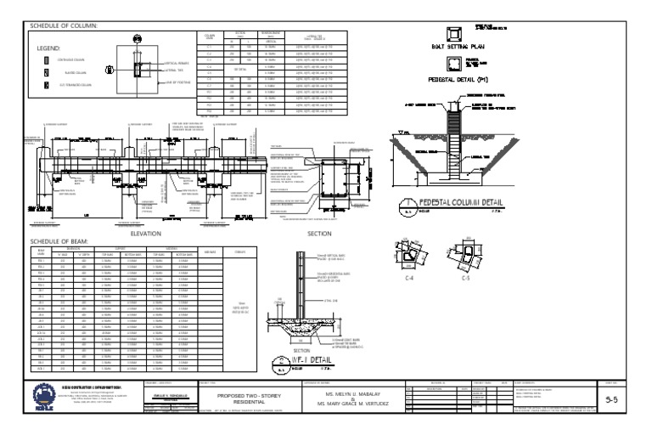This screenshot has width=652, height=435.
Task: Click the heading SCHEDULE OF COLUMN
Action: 64,25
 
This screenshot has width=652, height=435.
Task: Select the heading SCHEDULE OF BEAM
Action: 59,241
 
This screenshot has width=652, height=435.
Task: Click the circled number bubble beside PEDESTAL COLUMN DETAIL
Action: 408,205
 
